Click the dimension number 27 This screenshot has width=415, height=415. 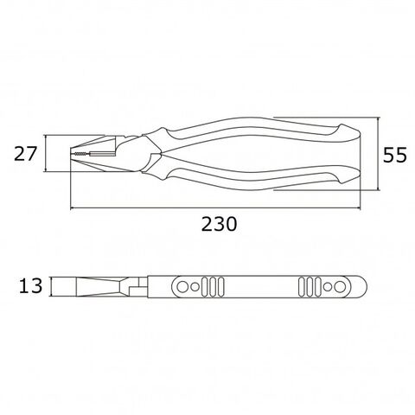pyautogui.click(x=26, y=154)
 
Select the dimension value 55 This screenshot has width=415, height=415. pyautogui.click(x=394, y=155)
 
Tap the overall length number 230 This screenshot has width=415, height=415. pyautogui.click(x=219, y=224)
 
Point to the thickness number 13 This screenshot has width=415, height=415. pyautogui.click(x=30, y=286)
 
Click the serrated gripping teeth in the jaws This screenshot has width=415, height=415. pyautogui.click(x=81, y=154)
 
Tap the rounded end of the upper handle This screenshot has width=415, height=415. pyautogui.click(x=349, y=133)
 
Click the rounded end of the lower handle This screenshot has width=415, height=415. pyautogui.click(x=349, y=175)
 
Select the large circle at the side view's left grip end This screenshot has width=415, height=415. pyautogui.click(x=182, y=287)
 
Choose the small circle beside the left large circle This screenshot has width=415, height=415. pyautogui.click(x=195, y=287)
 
